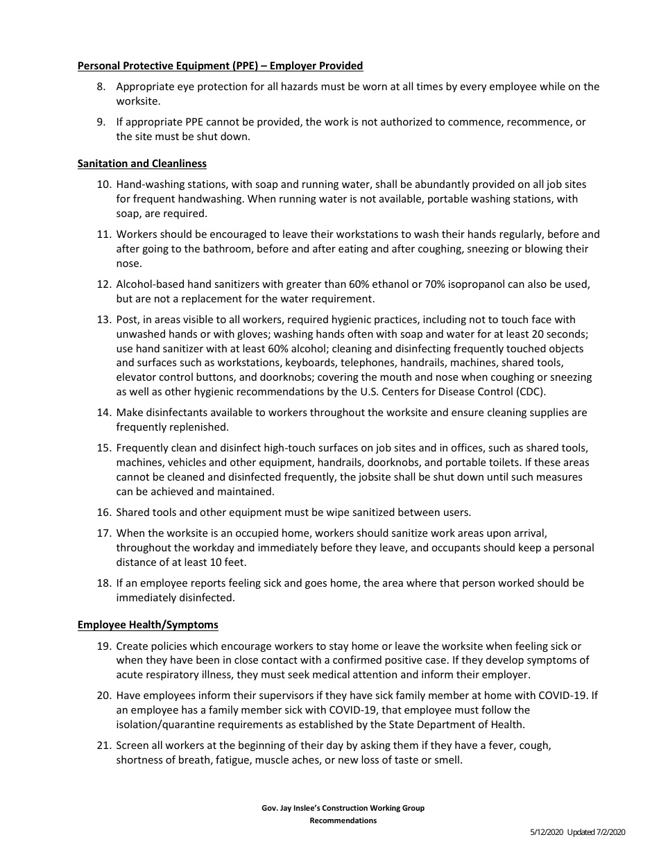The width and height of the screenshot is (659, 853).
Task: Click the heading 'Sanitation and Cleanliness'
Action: point(142,164)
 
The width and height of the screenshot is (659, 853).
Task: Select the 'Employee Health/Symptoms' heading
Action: point(148,625)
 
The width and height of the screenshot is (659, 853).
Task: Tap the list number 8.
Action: point(101,87)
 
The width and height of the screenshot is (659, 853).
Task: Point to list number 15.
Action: point(104,448)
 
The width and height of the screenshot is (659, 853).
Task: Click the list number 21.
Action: point(104,746)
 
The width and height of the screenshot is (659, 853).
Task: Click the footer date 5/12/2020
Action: point(546,832)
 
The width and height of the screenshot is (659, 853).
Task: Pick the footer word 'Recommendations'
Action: point(343,820)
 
